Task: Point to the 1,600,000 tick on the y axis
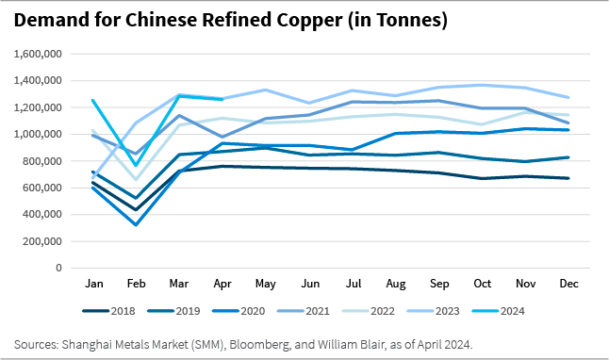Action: [35, 54]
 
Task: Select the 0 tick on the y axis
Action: [58, 268]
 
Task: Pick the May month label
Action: [267, 284]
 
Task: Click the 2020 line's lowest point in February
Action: [136, 224]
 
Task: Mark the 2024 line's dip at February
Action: [136, 165]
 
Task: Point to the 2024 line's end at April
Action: [222, 99]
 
